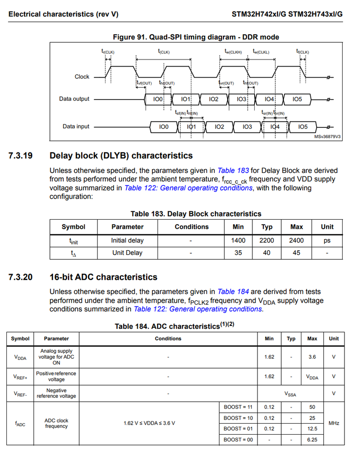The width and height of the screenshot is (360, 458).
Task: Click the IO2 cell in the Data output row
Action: (x=213, y=99)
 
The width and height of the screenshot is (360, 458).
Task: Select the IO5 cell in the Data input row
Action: (x=303, y=127)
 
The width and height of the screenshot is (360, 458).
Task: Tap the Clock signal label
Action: (x=82, y=77)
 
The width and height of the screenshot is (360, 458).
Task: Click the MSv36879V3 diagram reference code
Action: (x=327, y=137)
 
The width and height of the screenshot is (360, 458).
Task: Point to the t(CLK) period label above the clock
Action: (x=164, y=52)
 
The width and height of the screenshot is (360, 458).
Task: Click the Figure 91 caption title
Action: (x=196, y=37)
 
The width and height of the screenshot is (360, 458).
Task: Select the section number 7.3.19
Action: (x=20, y=155)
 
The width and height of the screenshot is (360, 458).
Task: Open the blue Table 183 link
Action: (x=233, y=171)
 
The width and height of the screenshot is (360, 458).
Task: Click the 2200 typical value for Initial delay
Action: (x=267, y=240)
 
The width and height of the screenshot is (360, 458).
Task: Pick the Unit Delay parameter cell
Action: (x=127, y=253)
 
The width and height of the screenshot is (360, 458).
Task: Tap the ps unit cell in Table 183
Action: (x=327, y=240)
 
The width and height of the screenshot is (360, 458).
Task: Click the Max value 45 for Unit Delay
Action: (x=296, y=253)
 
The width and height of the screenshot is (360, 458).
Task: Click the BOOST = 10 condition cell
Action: (x=238, y=418)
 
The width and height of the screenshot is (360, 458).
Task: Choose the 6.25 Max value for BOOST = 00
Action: (x=312, y=440)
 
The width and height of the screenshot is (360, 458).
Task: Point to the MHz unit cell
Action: (x=334, y=423)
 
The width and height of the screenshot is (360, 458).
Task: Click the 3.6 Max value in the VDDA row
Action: (x=312, y=357)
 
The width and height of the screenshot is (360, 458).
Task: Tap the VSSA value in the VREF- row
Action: (x=290, y=393)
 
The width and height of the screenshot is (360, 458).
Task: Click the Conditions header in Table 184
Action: (x=168, y=339)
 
